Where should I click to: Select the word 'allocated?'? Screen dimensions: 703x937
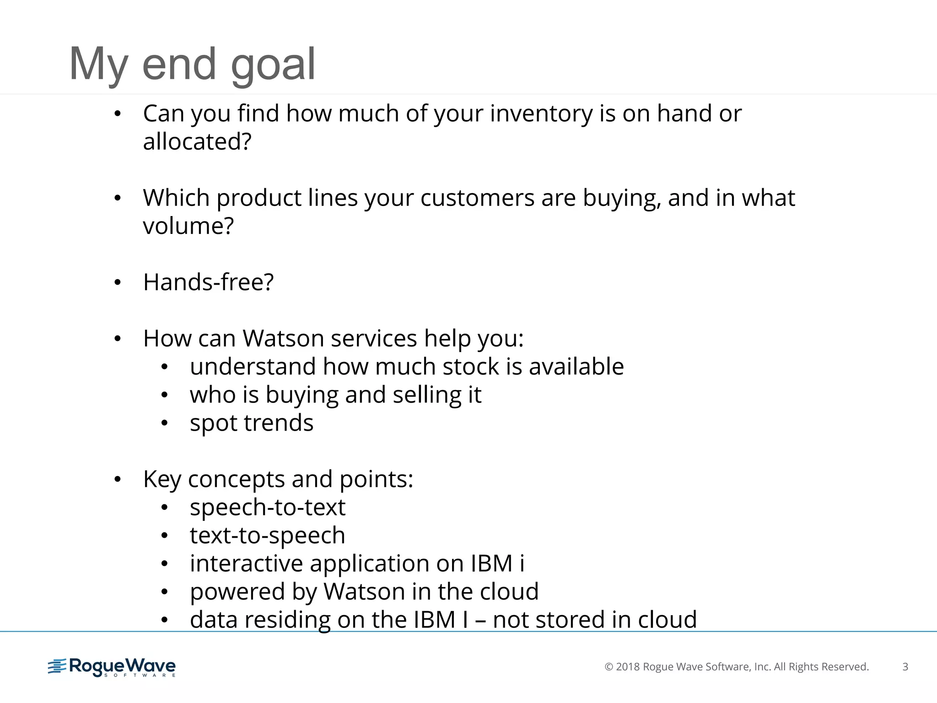click(197, 141)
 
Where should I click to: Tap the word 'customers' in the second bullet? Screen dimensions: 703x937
click(477, 198)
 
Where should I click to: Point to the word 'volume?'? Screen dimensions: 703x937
click(188, 226)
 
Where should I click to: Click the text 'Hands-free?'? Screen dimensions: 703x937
click(208, 282)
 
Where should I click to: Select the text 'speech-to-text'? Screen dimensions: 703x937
click(268, 508)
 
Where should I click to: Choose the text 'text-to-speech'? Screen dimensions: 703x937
click(268, 535)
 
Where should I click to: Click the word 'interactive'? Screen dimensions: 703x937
click(246, 563)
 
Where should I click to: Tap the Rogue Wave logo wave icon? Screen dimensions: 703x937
click(57, 666)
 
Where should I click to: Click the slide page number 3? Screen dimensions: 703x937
click(905, 667)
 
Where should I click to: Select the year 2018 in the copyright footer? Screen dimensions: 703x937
click(628, 667)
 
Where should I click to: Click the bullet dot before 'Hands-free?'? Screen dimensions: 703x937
click(118, 282)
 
